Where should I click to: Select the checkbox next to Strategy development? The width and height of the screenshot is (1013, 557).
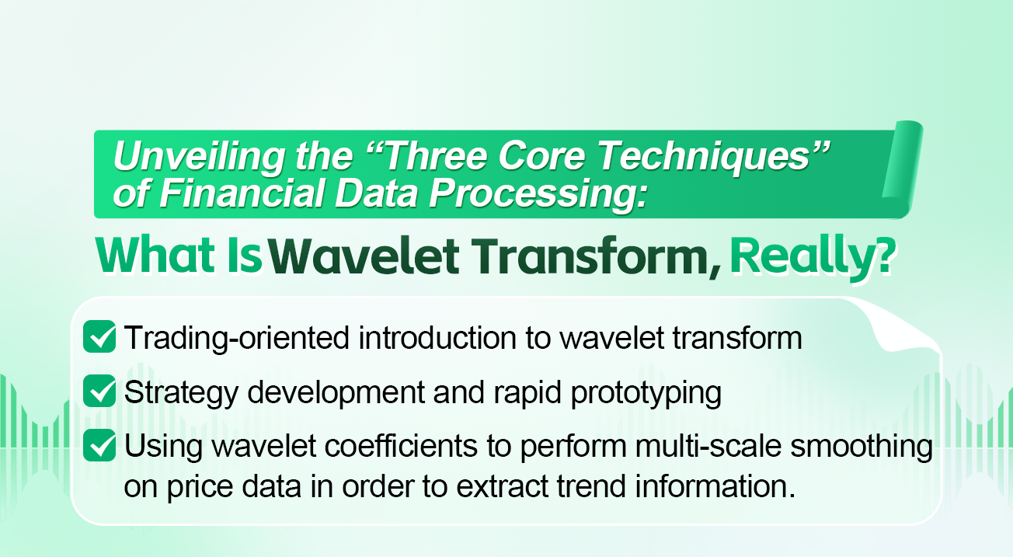[99, 392]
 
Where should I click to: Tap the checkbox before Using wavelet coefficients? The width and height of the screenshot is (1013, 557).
[99, 447]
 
